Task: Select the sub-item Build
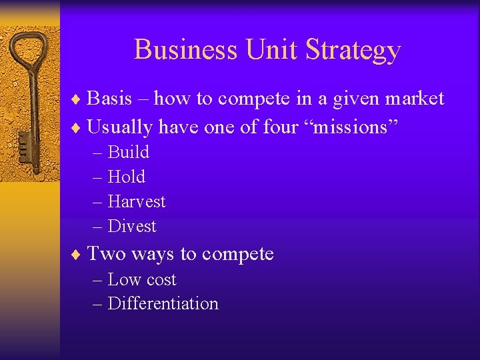(x=128, y=152)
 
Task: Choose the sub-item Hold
(x=126, y=177)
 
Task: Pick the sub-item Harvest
(x=136, y=201)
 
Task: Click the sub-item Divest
(x=131, y=226)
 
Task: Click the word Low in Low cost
(x=123, y=279)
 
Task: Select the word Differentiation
(x=163, y=303)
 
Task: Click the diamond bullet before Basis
(x=78, y=100)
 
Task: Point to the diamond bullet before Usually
(x=78, y=127)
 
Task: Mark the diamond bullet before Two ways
(x=78, y=255)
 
